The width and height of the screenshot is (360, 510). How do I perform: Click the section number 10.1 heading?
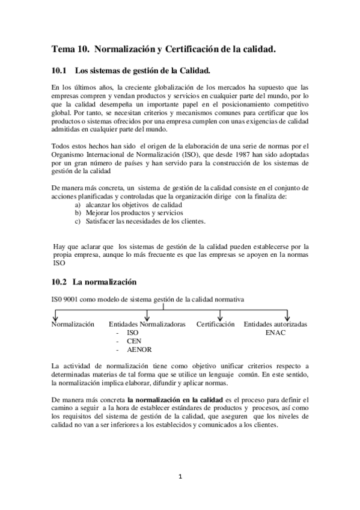coord(59,70)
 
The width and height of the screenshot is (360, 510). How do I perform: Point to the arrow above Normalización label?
coord(55,316)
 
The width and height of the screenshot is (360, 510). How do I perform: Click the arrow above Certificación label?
coord(220,316)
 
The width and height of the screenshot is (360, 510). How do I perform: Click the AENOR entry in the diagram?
coord(139,349)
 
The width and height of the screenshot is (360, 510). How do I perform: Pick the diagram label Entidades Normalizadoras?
coord(147,324)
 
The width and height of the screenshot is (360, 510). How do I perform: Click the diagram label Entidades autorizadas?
coord(276,324)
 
